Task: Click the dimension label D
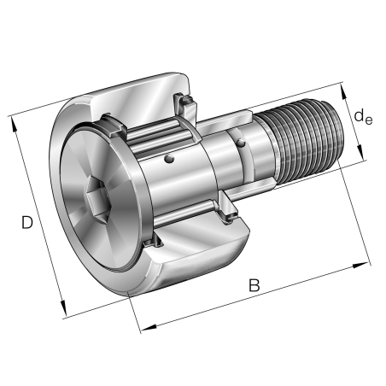(27, 224)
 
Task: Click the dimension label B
(254, 286)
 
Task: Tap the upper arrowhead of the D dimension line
(15, 120)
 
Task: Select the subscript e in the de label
(370, 120)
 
